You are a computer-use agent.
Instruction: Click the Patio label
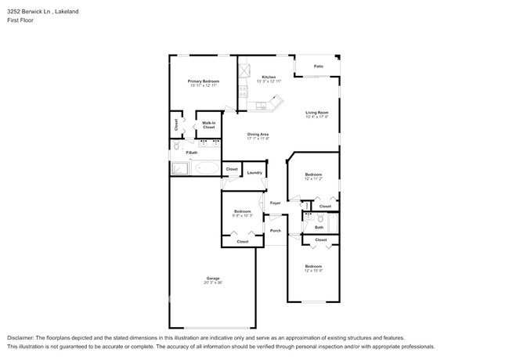click(x=319, y=67)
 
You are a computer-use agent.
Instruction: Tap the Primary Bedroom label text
click(x=203, y=81)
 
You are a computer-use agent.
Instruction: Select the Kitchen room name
click(x=258, y=77)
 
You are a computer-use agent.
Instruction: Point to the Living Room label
click(x=316, y=113)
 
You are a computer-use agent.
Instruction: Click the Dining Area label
click(x=258, y=134)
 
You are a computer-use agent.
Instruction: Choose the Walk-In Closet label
click(x=208, y=124)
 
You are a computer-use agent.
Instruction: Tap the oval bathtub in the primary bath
click(x=208, y=167)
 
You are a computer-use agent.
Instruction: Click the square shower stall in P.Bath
click(x=179, y=167)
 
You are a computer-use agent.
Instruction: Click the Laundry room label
click(x=254, y=172)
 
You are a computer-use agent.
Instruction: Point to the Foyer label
click(x=275, y=203)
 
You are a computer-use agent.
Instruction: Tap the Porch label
click(x=275, y=231)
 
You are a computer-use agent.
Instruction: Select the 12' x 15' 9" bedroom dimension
click(x=313, y=271)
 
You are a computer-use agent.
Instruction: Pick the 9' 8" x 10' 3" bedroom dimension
click(x=242, y=215)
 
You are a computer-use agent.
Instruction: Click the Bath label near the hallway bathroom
click(x=319, y=227)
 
